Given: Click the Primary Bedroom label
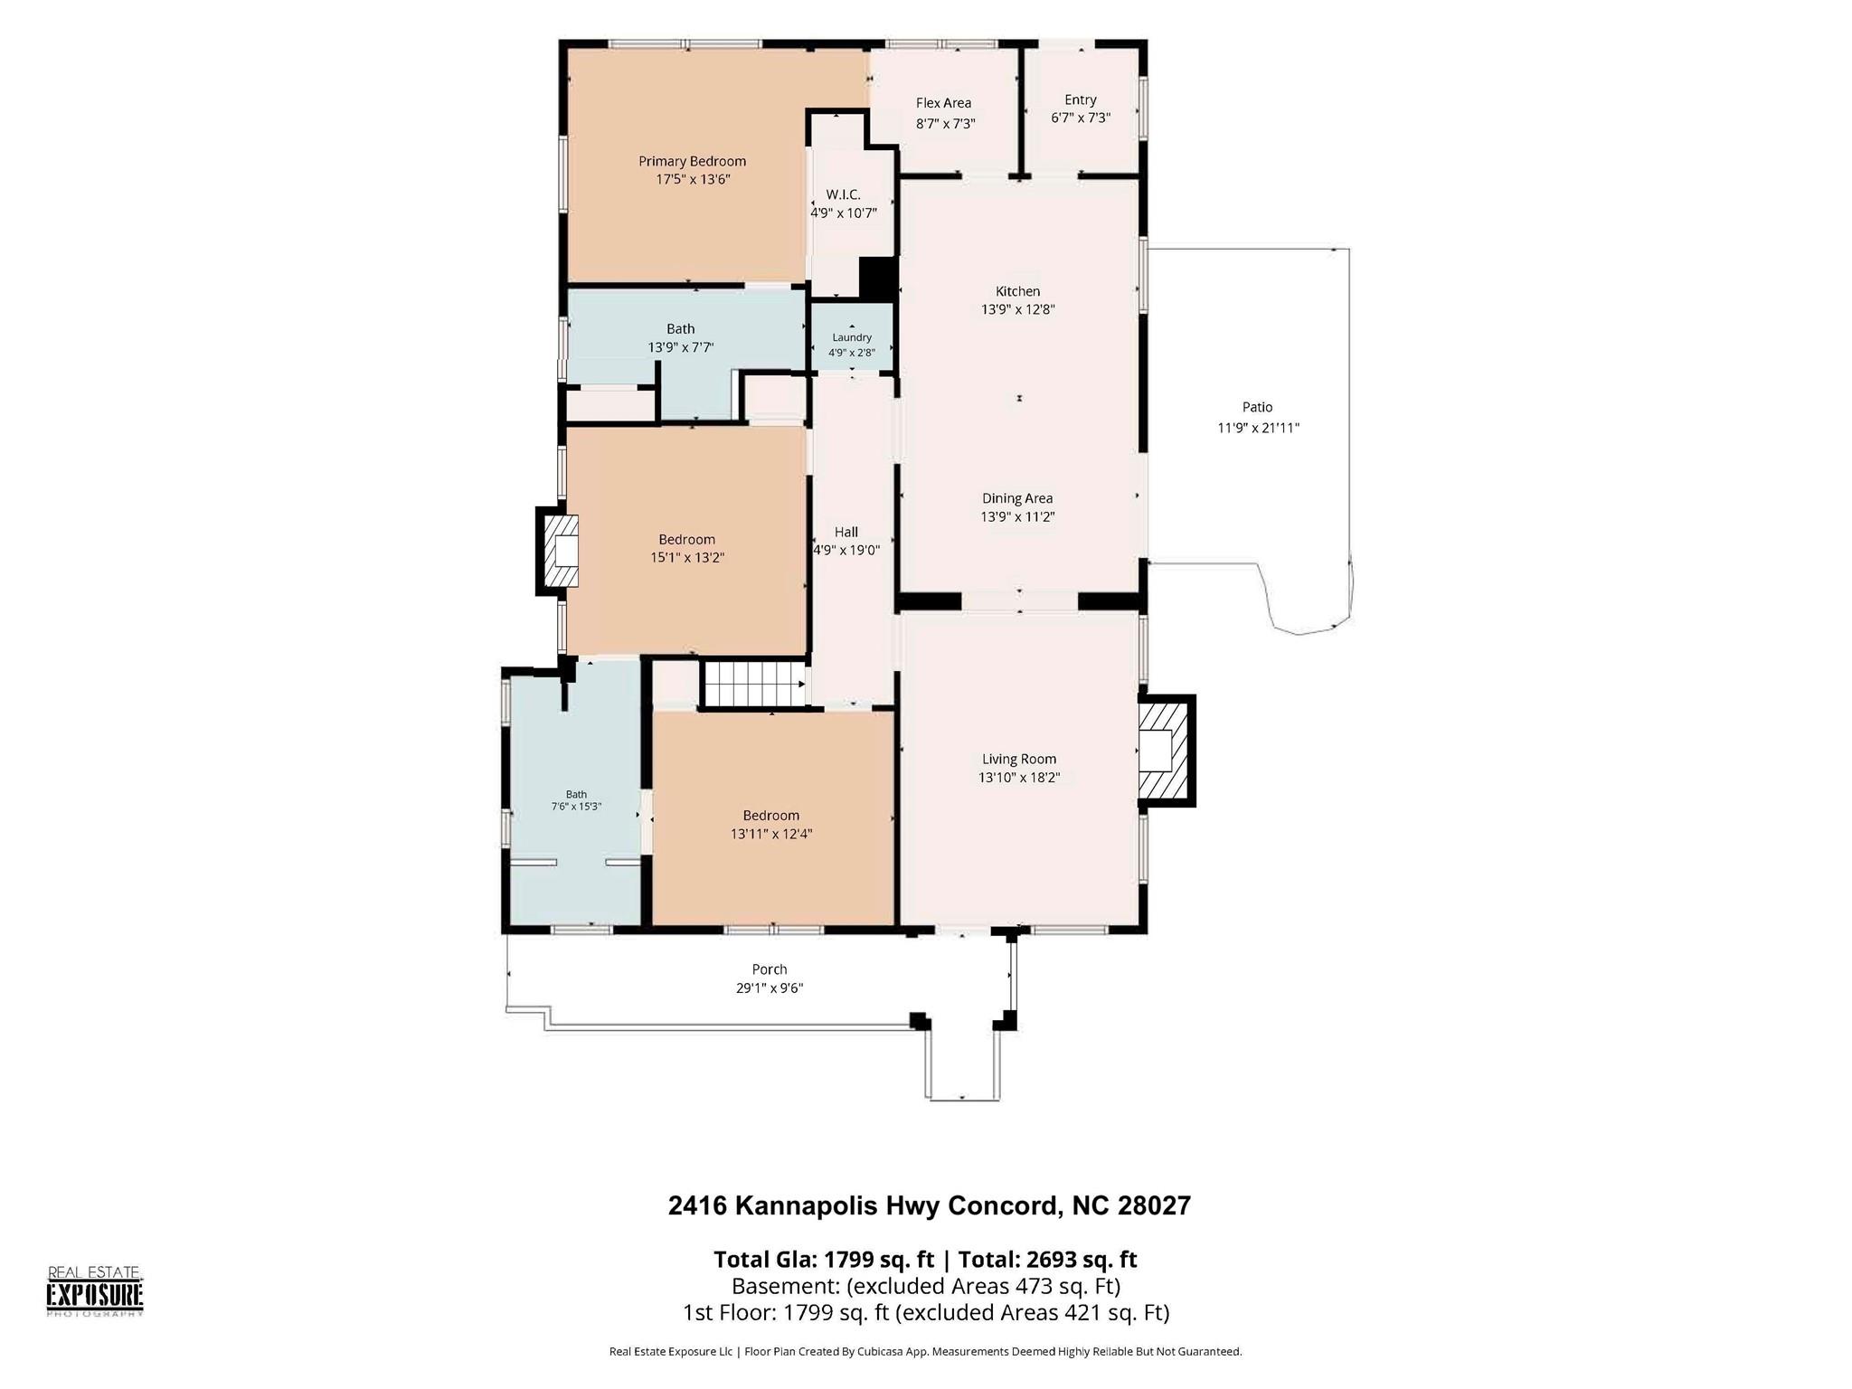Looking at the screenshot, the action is click(692, 161).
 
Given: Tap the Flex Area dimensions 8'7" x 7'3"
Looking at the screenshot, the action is click(945, 123).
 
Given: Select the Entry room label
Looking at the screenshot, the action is click(1080, 99).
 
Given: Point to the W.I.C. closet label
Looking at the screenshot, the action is click(843, 194).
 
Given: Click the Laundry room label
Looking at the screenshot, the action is click(852, 337).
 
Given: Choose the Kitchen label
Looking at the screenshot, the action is click(1017, 291).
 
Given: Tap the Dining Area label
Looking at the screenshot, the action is click(1017, 498).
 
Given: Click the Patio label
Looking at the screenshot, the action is click(1257, 407).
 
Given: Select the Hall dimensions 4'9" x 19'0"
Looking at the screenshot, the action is click(846, 550).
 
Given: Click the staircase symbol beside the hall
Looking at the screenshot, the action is click(754, 685).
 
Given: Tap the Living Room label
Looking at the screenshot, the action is click(1019, 760).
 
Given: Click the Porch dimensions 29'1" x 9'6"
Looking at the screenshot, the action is click(770, 988).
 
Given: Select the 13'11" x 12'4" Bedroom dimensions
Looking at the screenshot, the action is click(771, 834).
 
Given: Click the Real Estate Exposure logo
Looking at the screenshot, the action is click(95, 1291).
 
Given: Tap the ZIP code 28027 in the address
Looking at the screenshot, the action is click(1154, 1205).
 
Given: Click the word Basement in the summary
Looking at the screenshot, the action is click(770, 1286).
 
